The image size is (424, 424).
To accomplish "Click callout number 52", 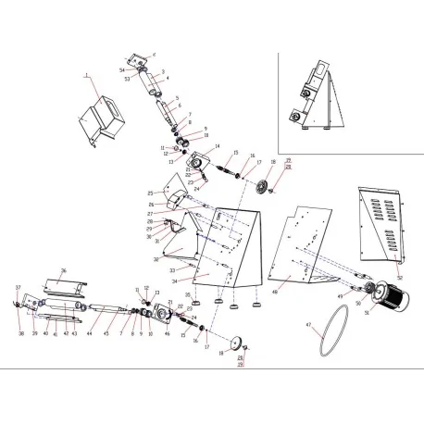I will pos(401,276).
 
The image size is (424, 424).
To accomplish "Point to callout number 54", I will pos(121,70).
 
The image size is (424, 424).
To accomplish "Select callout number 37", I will pos(17,288).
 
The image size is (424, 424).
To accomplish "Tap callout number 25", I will pos(149,193).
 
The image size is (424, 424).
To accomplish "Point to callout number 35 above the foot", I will pos(189,294).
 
